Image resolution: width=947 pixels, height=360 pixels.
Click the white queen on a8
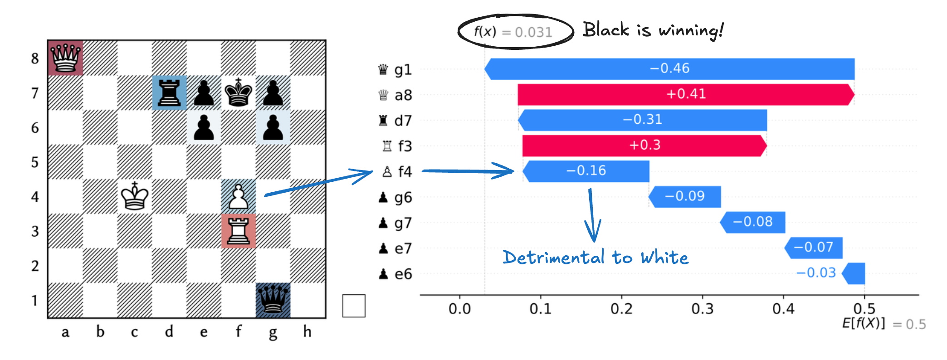(x=66, y=58)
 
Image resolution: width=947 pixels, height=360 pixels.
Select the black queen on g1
(x=273, y=300)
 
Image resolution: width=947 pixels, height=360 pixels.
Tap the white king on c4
(x=135, y=196)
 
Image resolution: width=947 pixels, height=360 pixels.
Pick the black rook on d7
(x=169, y=93)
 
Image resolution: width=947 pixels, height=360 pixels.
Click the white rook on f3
(x=239, y=231)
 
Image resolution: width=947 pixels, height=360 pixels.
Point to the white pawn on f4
(x=239, y=197)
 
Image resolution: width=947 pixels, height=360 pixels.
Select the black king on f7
(x=239, y=93)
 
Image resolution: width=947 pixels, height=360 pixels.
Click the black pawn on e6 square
(x=204, y=127)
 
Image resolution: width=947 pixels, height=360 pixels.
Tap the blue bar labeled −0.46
(x=669, y=68)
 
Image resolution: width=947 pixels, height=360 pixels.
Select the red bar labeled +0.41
(x=686, y=94)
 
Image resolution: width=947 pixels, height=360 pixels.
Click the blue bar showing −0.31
(x=643, y=120)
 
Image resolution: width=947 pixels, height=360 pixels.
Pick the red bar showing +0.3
(x=644, y=145)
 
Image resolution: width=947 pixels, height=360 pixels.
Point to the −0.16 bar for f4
(x=586, y=171)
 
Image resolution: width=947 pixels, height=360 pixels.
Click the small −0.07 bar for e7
(x=814, y=248)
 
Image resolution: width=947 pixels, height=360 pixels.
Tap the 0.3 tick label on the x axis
(x=703, y=309)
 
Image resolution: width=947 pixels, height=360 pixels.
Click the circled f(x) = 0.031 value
(x=515, y=32)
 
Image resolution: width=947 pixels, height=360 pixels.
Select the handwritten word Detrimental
(x=553, y=258)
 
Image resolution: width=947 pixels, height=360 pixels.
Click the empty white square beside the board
(x=354, y=306)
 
